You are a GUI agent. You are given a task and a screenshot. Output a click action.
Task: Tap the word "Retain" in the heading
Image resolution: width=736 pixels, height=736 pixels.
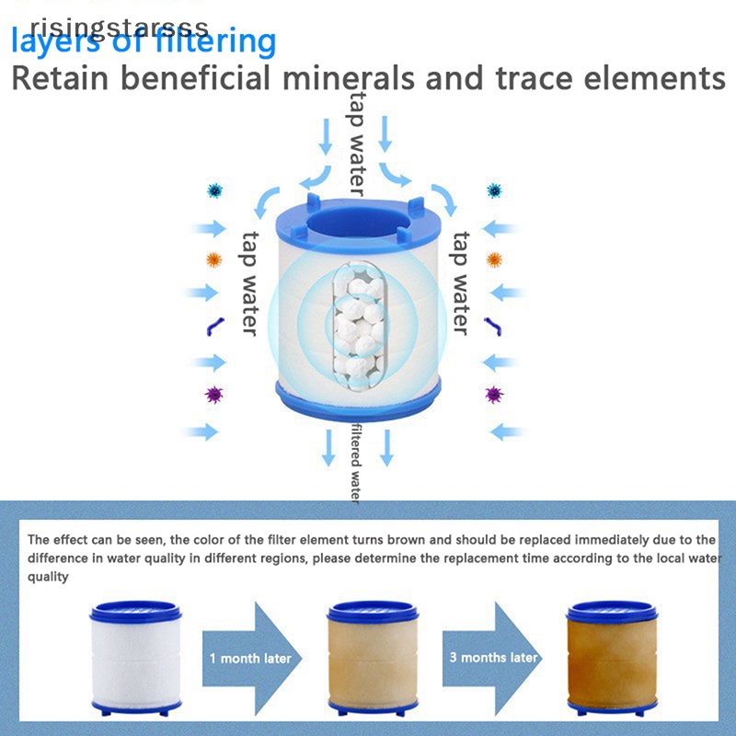click(x=66, y=77)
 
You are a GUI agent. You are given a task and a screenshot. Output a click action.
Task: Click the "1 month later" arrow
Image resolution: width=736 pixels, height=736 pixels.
click(x=250, y=657)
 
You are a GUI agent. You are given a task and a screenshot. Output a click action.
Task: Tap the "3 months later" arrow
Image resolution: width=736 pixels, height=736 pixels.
click(x=493, y=657)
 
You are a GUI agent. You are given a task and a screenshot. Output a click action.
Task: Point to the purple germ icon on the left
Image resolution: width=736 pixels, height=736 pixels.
click(x=214, y=395)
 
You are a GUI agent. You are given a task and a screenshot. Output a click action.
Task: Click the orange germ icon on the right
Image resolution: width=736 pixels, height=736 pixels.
click(x=494, y=259)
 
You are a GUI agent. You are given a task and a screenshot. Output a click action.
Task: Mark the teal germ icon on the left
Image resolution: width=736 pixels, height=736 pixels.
click(x=215, y=190)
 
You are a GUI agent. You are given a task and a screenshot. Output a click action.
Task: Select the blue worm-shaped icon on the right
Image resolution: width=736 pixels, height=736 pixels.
click(x=494, y=326)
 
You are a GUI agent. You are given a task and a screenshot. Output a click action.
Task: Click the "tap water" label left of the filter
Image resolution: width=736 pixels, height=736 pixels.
click(x=249, y=283)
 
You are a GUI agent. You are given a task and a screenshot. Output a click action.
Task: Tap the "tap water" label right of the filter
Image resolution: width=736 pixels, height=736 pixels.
click(x=459, y=283)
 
